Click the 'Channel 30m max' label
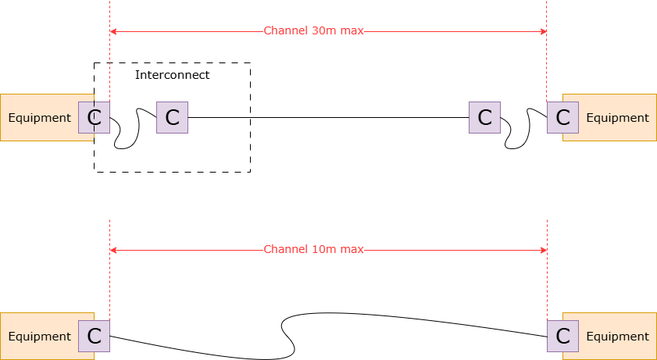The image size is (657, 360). click(x=313, y=31)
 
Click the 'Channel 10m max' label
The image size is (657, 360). click(x=313, y=250)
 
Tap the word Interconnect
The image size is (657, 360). click(x=172, y=75)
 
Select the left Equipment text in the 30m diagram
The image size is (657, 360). click(x=39, y=118)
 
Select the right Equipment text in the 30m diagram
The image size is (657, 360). click(x=617, y=118)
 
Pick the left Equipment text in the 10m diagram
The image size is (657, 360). click(x=39, y=337)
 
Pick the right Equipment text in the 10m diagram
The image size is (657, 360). click(x=617, y=337)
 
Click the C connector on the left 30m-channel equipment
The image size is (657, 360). click(x=94, y=117)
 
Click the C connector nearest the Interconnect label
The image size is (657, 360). click(x=172, y=117)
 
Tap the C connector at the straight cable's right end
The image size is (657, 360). click(x=484, y=117)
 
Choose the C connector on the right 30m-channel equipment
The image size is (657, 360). click(x=562, y=117)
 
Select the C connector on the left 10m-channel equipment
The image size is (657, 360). click(x=94, y=336)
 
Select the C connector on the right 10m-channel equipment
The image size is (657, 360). click(x=562, y=336)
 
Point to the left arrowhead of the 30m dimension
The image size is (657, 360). click(x=113, y=31)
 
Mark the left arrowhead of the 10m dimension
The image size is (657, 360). click(x=113, y=250)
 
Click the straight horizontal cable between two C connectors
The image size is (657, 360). click(x=328, y=117)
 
